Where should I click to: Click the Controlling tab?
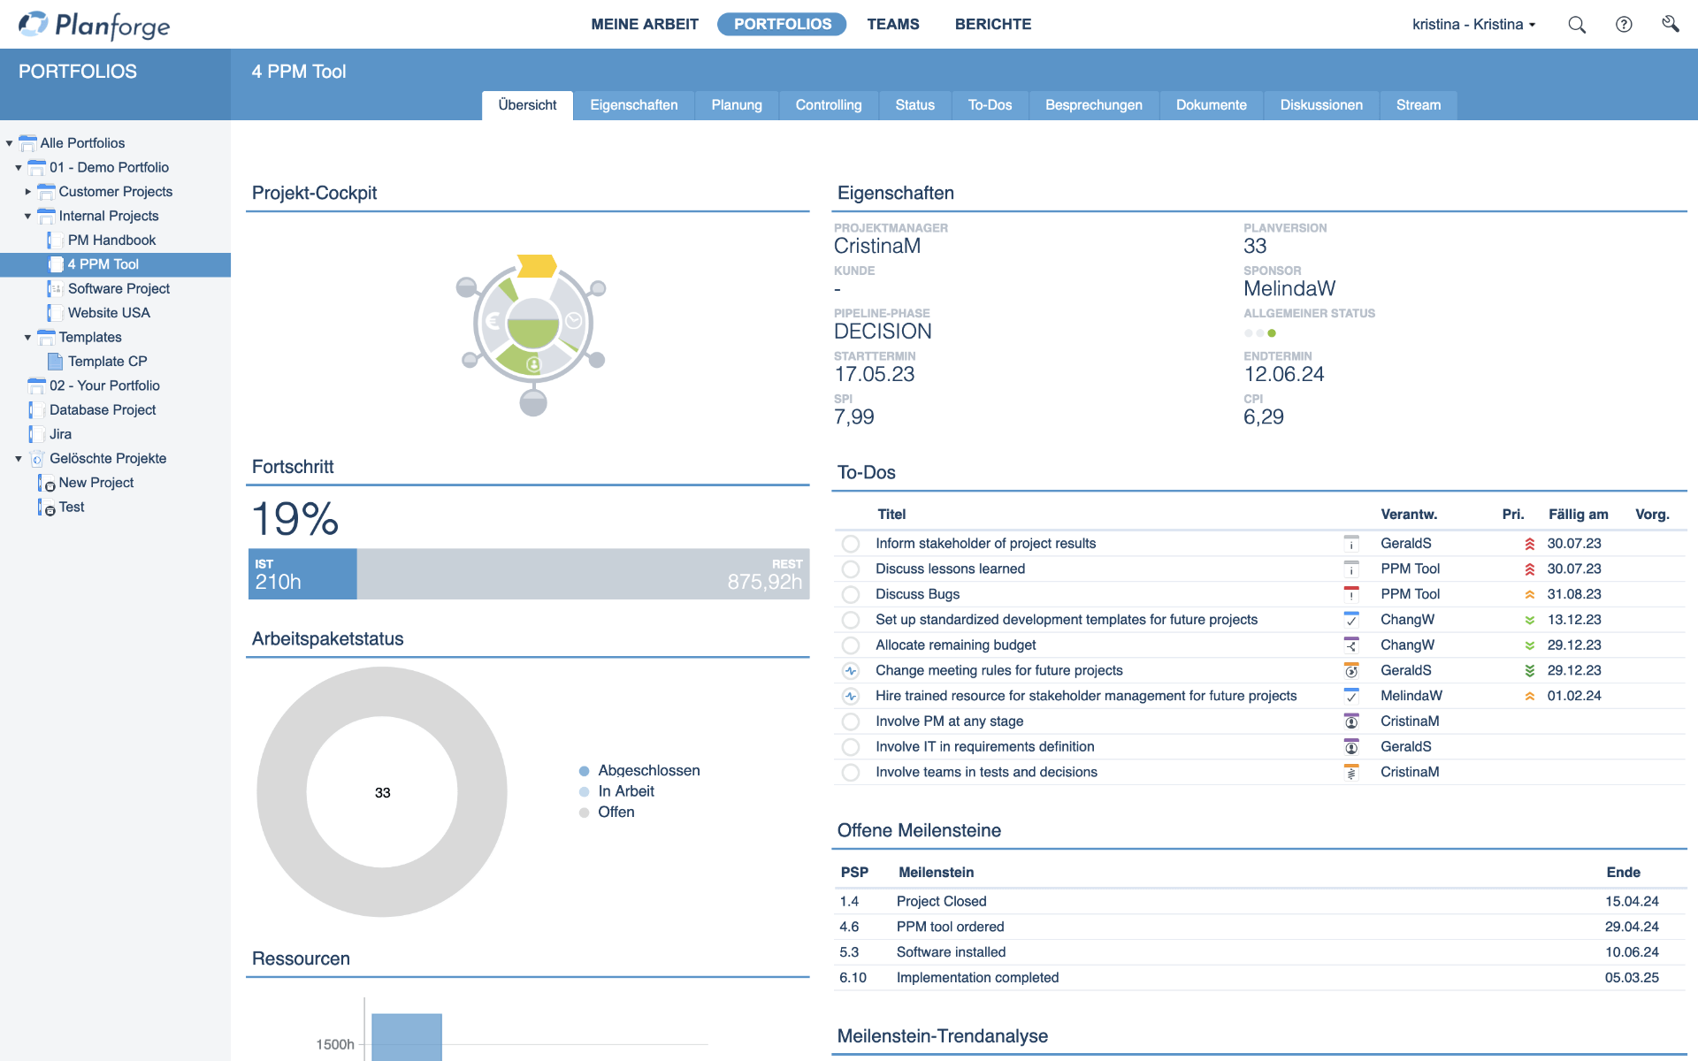coord(828,105)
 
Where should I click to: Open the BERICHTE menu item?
coord(992,25)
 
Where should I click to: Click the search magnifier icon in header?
coord(1576,25)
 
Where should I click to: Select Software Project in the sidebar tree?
coord(119,288)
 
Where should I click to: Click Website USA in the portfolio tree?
coord(109,313)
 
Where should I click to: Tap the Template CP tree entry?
coord(107,362)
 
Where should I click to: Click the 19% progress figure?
coord(295,519)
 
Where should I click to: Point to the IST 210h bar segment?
coord(302,574)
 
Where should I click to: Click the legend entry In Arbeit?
coord(625,791)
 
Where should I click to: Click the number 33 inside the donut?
coord(382,793)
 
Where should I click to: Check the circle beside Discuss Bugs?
coord(851,595)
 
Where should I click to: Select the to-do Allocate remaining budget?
coord(955,645)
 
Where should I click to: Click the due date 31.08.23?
coord(1573,594)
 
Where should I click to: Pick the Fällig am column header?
coord(1578,515)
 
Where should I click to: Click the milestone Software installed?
coord(951,952)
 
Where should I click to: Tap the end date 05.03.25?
coord(1632,978)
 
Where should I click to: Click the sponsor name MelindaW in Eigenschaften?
coord(1289,289)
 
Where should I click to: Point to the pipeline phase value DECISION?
coord(883,332)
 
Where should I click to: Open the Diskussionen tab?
coord(1321,105)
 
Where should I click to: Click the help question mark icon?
coord(1624,25)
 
